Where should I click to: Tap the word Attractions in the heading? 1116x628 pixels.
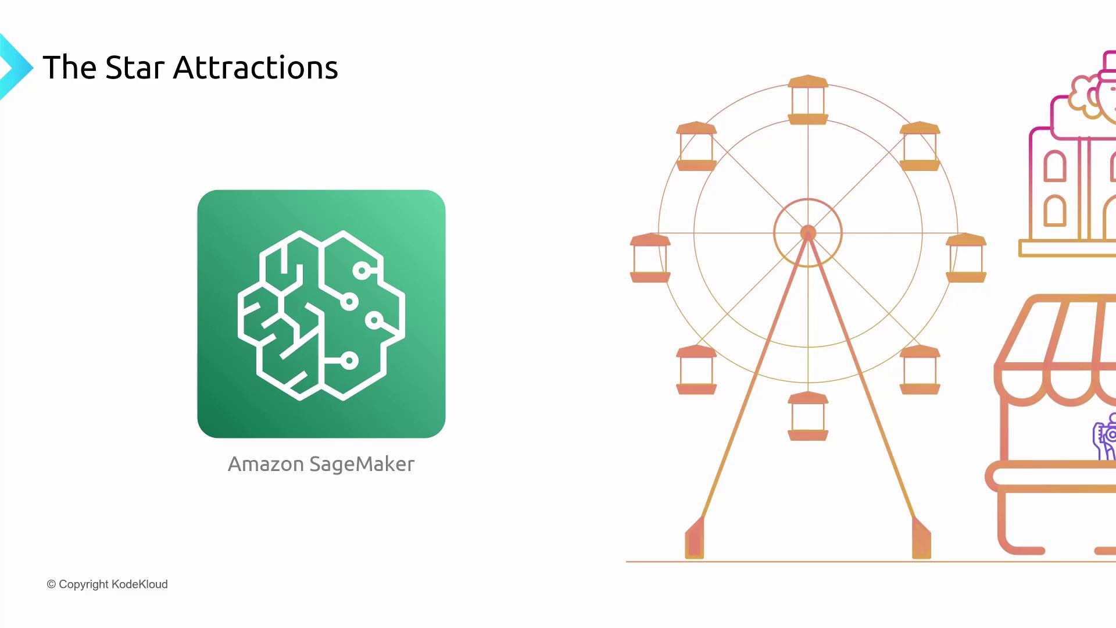pos(256,67)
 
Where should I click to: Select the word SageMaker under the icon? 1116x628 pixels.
pos(362,465)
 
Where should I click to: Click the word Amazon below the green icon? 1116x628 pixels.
pos(266,464)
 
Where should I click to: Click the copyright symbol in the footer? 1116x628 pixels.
pos(51,584)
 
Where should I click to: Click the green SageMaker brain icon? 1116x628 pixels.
pos(321,314)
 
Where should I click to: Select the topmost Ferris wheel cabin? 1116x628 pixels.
pos(808,99)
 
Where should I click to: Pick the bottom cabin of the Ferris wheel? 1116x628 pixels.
pos(808,416)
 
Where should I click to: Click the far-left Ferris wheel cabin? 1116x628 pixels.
pos(650,258)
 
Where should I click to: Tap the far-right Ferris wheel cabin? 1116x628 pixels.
pos(966,258)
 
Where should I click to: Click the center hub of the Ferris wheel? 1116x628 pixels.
pos(808,233)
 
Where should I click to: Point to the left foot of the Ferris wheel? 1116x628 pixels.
pos(695,538)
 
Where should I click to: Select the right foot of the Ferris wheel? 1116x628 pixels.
pos(921,538)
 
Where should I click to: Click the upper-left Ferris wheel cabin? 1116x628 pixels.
pos(696,146)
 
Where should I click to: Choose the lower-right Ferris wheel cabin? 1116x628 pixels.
pos(920,370)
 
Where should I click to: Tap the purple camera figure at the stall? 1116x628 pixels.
pos(1105,436)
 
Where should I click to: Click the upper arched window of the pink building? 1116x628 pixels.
pos(1055,166)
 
